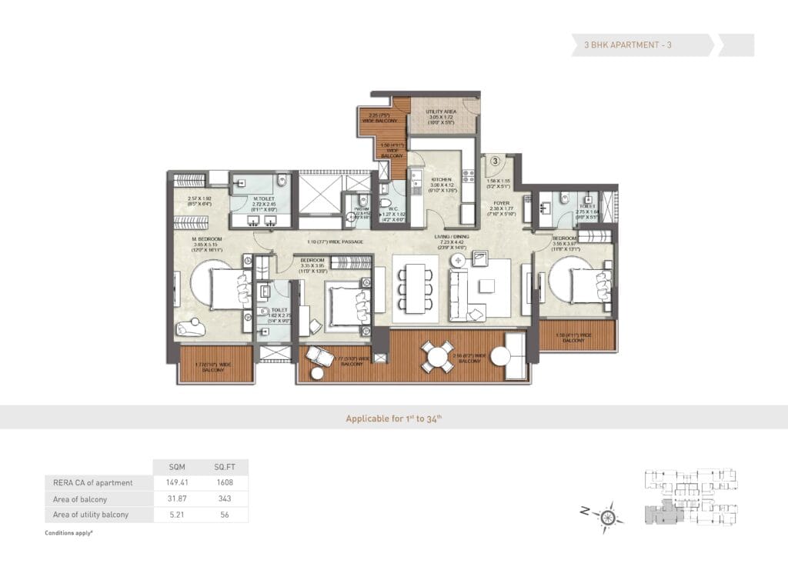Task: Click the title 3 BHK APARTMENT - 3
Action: tap(622, 45)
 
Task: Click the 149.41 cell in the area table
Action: tap(178, 482)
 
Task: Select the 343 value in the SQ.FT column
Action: tap(224, 498)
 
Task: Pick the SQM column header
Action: tap(178, 467)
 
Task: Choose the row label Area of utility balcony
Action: tap(92, 514)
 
